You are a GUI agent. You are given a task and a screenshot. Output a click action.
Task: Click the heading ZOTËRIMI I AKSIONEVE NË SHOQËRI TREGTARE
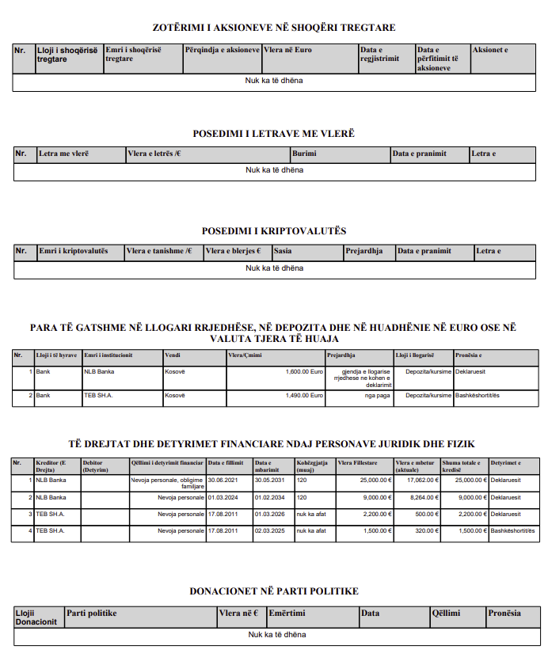tap(274, 28)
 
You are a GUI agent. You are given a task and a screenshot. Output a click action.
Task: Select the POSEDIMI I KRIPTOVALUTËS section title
tap(274, 231)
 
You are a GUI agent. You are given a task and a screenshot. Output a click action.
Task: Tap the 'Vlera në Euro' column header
tap(287, 50)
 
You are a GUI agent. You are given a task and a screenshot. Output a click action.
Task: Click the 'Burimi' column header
tap(304, 154)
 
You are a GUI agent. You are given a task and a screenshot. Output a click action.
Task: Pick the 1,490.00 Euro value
tap(305, 394)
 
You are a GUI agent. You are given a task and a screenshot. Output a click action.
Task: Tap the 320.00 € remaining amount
tap(424, 531)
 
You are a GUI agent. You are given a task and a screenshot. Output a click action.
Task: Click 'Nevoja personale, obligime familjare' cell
tap(167, 483)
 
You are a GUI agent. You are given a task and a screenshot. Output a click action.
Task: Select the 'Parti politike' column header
tap(92, 613)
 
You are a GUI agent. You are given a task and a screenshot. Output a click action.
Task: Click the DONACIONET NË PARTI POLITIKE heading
tap(274, 591)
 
